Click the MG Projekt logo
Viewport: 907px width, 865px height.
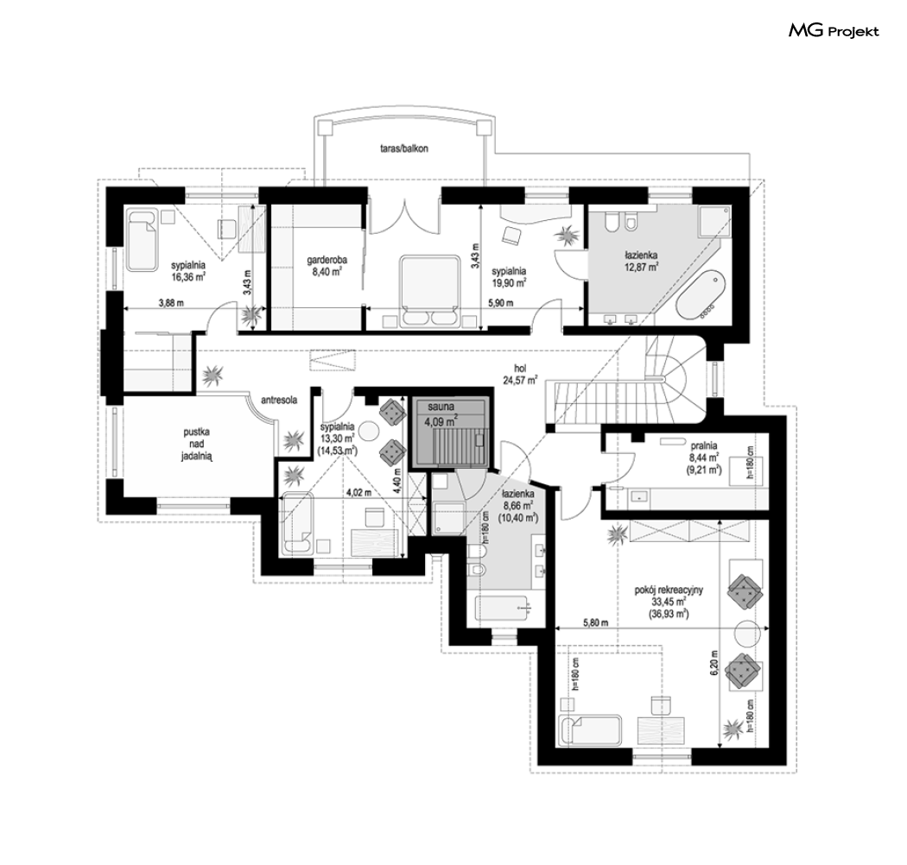click(x=834, y=31)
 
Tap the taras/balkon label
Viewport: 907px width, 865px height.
click(x=404, y=148)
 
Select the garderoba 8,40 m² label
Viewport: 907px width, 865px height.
click(x=327, y=267)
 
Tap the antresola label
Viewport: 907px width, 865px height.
click(x=279, y=400)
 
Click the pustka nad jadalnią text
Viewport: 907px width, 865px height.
click(x=197, y=444)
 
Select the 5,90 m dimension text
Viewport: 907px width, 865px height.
click(x=501, y=302)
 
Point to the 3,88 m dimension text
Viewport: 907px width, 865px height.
click(x=171, y=302)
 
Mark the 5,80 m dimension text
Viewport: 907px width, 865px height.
click(x=595, y=622)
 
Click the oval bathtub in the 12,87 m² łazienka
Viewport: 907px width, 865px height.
click(x=701, y=294)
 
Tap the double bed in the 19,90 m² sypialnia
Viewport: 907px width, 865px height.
click(x=428, y=292)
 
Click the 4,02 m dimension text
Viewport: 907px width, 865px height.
click(x=358, y=493)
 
